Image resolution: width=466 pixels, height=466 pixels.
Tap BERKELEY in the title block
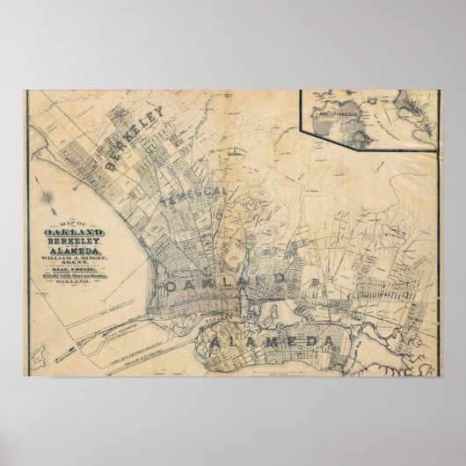pyautogui.click(x=69, y=240)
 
